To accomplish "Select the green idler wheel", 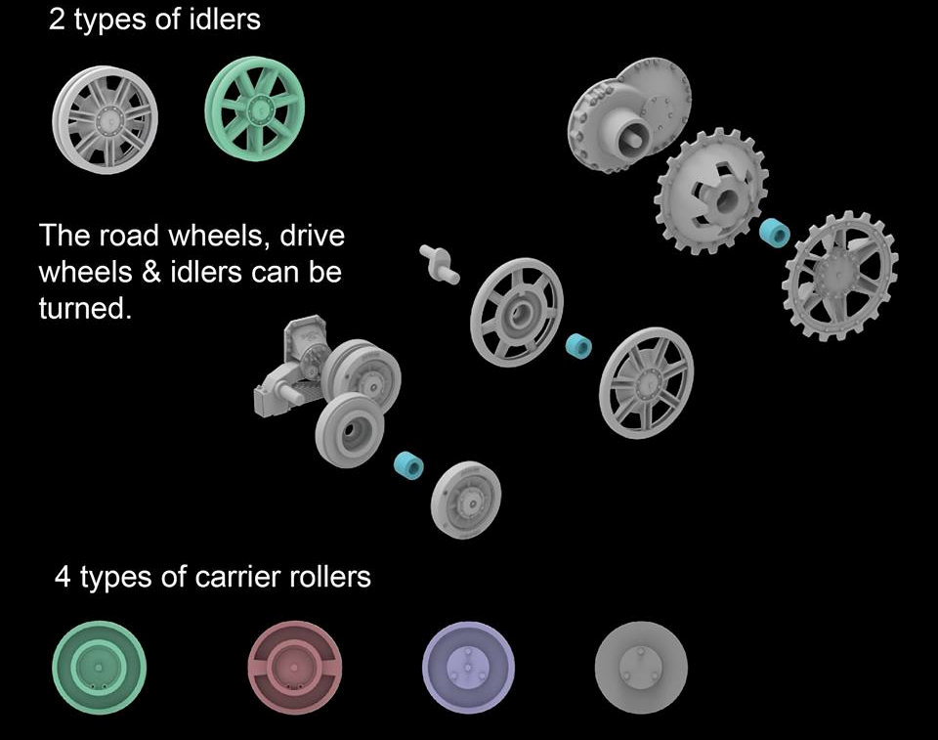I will (254, 109).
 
